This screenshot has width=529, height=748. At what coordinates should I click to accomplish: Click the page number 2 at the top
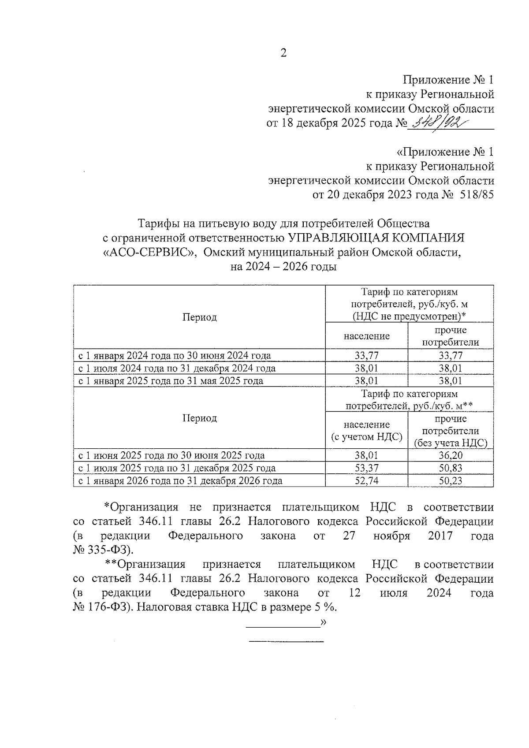(283, 53)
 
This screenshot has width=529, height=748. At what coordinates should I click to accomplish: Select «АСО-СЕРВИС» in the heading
(149, 253)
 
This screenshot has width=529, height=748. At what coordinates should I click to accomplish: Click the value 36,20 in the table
(450, 455)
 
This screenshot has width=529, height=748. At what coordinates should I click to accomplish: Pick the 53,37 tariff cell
(366, 468)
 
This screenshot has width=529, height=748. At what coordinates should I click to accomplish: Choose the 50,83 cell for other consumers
(450, 468)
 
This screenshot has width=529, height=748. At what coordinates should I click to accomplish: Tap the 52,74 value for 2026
(366, 481)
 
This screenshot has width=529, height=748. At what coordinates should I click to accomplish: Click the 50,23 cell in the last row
(450, 481)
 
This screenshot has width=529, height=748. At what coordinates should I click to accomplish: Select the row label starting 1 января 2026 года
(180, 481)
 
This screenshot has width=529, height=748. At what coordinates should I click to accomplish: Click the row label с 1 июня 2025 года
(171, 455)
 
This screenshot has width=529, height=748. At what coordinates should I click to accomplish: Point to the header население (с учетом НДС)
(366, 431)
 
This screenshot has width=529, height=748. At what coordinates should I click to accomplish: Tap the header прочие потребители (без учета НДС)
(450, 431)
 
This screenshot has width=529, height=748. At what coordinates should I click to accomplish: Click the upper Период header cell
(199, 317)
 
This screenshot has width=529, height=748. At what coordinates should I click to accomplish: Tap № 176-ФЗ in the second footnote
(101, 607)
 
